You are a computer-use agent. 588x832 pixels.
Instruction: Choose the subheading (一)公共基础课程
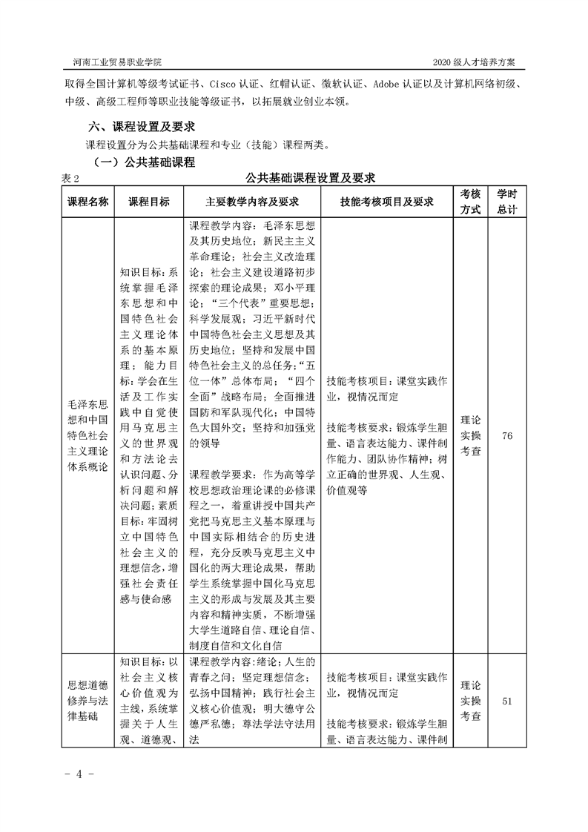pyautogui.click(x=143, y=162)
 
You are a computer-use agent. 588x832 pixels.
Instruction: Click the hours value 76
pyautogui.click(x=507, y=435)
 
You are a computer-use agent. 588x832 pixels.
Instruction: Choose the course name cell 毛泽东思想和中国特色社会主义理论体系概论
pyautogui.click(x=88, y=435)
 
